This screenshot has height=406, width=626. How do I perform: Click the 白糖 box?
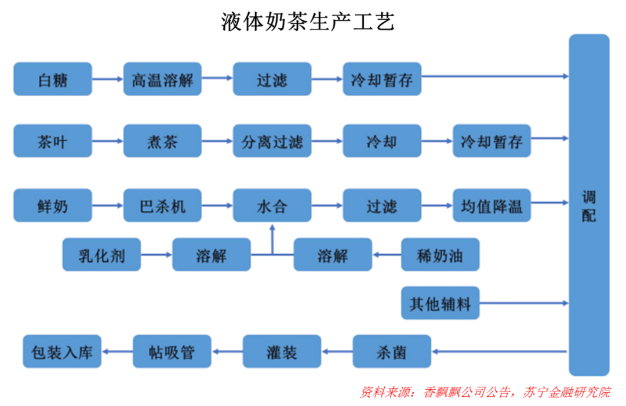point(53,79)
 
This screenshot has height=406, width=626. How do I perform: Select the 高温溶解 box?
point(162,79)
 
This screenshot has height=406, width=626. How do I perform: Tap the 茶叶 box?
point(53,141)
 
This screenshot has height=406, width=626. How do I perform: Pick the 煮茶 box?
point(162,141)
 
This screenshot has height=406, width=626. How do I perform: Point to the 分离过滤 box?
point(272,141)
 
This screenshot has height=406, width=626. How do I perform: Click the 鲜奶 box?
point(53,205)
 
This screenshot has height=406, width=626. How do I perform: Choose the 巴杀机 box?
point(162,205)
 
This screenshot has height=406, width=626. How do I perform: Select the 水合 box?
point(272,205)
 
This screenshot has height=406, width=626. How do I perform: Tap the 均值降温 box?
point(492,205)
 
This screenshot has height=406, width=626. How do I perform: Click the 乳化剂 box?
point(101,255)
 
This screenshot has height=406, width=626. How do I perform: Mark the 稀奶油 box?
point(440,255)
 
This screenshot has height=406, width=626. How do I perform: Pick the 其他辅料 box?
point(440,303)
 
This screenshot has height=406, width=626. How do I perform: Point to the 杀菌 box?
point(392,351)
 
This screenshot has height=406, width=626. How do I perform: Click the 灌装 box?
point(282,351)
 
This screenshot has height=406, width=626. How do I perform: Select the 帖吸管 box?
point(172,351)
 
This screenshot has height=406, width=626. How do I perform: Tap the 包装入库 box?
point(62,351)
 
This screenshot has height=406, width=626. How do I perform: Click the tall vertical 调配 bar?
point(589,205)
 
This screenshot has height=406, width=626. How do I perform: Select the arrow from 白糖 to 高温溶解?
point(108,79)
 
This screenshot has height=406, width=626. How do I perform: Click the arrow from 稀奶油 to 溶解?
point(387,255)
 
